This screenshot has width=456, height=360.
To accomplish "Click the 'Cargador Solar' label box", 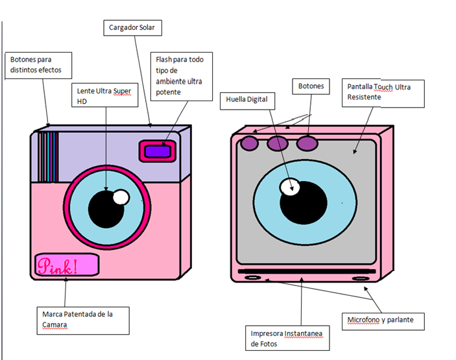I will (x=132, y=28).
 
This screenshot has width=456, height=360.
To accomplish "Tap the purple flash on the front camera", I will (x=156, y=151).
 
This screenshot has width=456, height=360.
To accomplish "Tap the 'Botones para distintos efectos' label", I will (x=40, y=64).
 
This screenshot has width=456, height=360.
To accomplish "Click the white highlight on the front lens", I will (x=120, y=197).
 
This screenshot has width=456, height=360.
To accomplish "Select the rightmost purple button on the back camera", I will (x=307, y=143).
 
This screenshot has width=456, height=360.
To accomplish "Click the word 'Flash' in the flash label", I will (x=165, y=60).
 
